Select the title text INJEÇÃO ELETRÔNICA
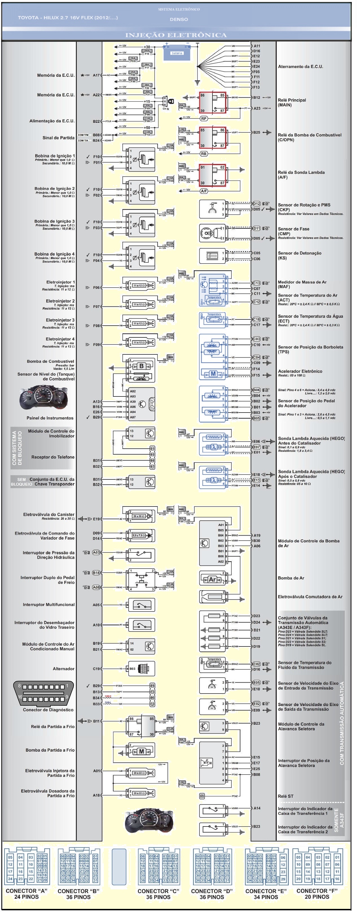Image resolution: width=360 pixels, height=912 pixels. click(x=176, y=35)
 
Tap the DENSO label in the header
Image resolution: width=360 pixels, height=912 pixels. click(x=179, y=19)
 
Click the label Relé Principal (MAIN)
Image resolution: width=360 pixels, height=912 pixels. click(x=292, y=103)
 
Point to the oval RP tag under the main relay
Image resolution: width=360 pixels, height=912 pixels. click(x=203, y=119)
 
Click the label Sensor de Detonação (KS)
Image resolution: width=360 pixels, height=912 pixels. click(x=299, y=256)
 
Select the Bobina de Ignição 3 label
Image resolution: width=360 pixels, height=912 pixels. click(x=54, y=221)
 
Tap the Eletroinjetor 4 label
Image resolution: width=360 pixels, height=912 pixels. click(x=60, y=339)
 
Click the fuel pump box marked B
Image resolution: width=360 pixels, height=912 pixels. click(x=141, y=366)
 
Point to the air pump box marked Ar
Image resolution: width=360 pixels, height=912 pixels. click(x=212, y=580)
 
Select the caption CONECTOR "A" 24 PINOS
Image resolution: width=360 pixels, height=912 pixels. click(x=26, y=894)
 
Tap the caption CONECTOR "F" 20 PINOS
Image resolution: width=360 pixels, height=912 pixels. click(x=317, y=894)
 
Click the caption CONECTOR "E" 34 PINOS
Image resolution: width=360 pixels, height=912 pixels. click(x=265, y=894)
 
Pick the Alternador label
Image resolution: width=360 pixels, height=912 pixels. click(x=64, y=669)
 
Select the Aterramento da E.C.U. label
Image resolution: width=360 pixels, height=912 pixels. click(x=300, y=67)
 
